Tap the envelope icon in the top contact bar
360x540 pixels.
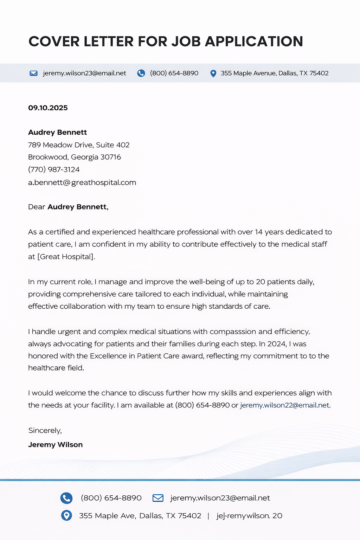[34, 73]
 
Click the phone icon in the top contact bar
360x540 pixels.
[141, 73]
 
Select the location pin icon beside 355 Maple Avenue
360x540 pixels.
[213, 73]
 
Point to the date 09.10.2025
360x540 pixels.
[48, 108]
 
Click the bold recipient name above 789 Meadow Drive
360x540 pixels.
[57, 133]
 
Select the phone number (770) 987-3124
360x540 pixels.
[54, 169]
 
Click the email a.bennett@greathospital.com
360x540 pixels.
[82, 182]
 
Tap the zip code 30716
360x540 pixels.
[110, 157]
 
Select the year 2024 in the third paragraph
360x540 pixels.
[276, 344]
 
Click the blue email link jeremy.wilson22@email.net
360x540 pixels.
[285, 405]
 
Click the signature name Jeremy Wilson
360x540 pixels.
[55, 445]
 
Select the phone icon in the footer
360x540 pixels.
[66, 498]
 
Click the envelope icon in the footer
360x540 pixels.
[158, 498]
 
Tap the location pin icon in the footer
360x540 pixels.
[66, 516]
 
